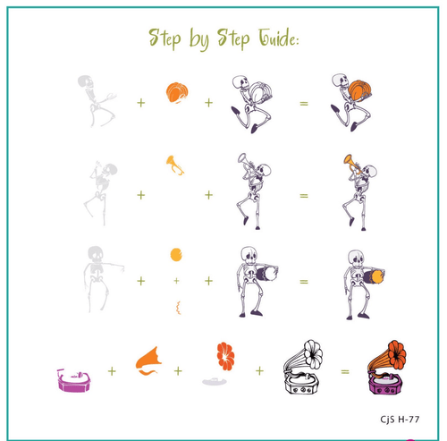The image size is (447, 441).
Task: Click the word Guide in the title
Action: [278, 38]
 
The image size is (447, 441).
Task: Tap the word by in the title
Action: [198, 39]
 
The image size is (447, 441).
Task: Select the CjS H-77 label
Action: [400, 420]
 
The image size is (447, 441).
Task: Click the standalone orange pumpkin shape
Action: [177, 93]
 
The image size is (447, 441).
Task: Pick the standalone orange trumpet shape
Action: [175, 165]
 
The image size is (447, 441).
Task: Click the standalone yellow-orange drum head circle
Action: [176, 255]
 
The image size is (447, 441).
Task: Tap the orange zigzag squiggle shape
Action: [178, 308]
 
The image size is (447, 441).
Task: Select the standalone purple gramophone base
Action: [74, 380]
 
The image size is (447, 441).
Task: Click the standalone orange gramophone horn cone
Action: [148, 360]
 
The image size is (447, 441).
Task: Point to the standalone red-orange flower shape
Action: [225, 356]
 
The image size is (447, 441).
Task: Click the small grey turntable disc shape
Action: [215, 381]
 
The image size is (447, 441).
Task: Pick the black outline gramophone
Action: [303, 367]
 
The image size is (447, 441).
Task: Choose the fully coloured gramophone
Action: [386, 367]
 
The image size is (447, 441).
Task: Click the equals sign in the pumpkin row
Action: [304, 104]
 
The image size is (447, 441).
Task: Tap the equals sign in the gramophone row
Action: [345, 371]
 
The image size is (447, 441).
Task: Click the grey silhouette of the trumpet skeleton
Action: [101, 193]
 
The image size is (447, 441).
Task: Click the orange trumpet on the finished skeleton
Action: [351, 164]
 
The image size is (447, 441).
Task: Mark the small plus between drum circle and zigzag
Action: [176, 281]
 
